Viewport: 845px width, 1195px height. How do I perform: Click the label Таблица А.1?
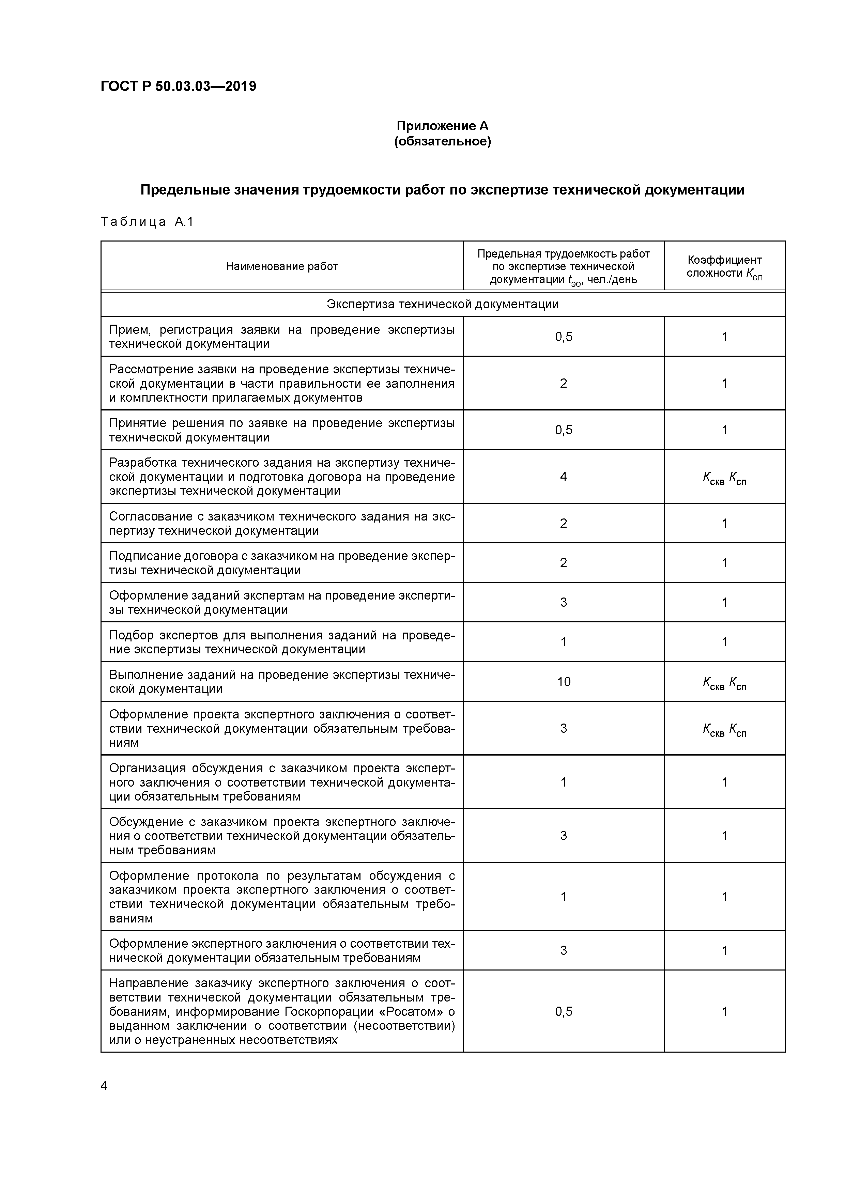147,222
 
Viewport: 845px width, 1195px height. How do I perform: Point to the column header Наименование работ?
282,266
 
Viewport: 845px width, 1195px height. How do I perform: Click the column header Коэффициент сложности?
724,266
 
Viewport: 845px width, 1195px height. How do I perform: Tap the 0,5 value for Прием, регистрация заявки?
563,337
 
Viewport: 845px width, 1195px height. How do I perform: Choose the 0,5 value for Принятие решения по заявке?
563,430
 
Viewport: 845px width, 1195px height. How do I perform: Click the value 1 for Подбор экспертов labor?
563,642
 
